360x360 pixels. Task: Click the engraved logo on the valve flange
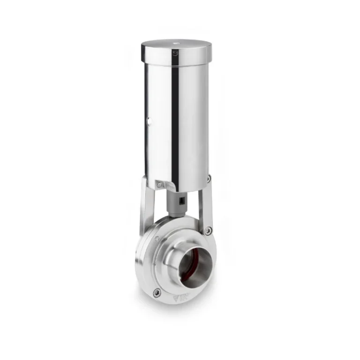tap(180, 297)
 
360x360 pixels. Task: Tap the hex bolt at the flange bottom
tap(157, 292)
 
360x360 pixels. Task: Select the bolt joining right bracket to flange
tap(208, 231)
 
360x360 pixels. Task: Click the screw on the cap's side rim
tap(175, 53)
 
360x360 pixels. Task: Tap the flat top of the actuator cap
tap(176, 45)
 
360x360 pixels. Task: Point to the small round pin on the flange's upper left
tap(157, 239)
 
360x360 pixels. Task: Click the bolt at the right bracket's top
tap(209, 179)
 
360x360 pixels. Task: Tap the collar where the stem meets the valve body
tap(176, 214)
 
